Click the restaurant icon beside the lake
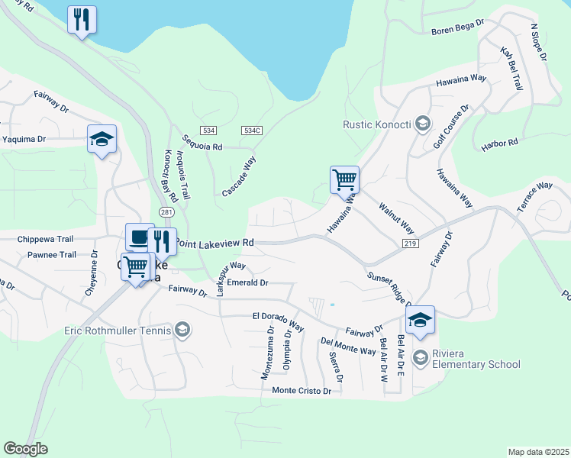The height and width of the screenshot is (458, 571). click(82, 18)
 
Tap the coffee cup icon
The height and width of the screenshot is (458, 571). click(140, 237)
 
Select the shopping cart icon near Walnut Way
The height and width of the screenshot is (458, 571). click(344, 180)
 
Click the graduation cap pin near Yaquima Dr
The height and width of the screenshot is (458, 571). click(102, 139)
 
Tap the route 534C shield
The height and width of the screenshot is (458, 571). click(252, 131)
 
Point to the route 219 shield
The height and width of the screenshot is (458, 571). click(410, 242)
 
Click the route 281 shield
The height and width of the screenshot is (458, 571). click(167, 211)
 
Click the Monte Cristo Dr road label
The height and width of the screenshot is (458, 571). click(302, 391)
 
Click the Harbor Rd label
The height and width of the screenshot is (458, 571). click(500, 144)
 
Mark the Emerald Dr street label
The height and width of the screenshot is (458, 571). click(249, 282)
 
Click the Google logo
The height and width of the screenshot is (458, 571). click(25, 448)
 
